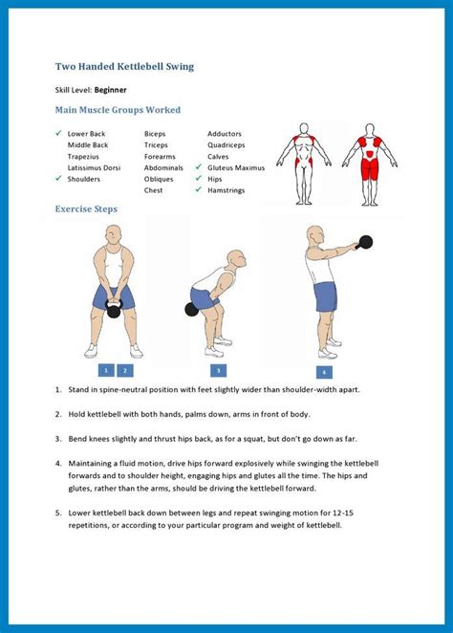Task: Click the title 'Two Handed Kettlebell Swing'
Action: click(x=124, y=67)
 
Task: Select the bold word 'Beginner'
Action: click(x=111, y=90)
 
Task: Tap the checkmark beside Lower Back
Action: click(x=59, y=133)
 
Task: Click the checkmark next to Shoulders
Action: click(x=59, y=178)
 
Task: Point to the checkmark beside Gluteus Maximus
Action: click(x=199, y=166)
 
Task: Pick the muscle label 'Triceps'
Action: click(x=156, y=145)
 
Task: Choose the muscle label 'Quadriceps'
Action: click(x=226, y=145)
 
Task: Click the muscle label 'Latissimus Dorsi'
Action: click(x=94, y=167)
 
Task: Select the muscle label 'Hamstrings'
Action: click(x=226, y=190)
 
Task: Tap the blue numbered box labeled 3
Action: click(x=218, y=371)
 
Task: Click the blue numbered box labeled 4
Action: click(x=324, y=372)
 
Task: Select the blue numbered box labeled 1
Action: click(x=106, y=370)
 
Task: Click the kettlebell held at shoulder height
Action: click(x=365, y=242)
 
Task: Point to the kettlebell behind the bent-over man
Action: click(x=191, y=309)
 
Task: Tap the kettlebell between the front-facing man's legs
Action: click(x=114, y=310)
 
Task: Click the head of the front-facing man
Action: click(x=114, y=235)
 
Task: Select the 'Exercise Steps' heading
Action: click(x=86, y=209)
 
